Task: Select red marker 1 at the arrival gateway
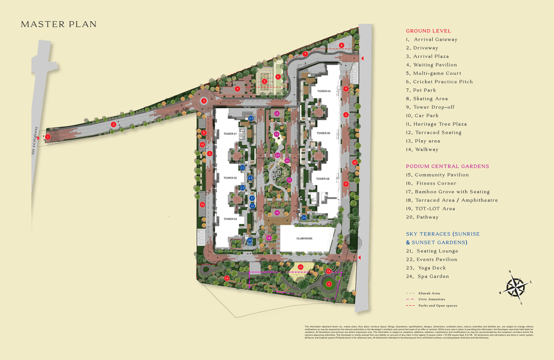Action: coord(48,137)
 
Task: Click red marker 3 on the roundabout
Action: coord(204,101)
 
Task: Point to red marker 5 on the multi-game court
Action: coord(264,82)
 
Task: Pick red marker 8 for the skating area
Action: coord(341,45)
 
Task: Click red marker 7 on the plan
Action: coord(305,54)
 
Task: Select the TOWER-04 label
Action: coord(324,91)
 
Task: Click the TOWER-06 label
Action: coord(323,178)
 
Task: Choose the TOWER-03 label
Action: coord(230,219)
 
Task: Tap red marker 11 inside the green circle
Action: coord(329,284)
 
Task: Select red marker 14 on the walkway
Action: coord(227,278)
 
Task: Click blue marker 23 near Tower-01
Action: coord(251,118)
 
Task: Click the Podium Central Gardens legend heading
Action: coord(447,166)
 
